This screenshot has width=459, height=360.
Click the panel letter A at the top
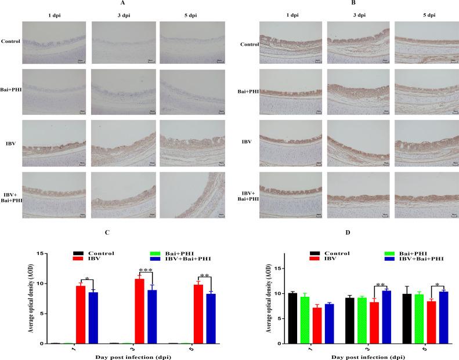click(124, 3)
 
